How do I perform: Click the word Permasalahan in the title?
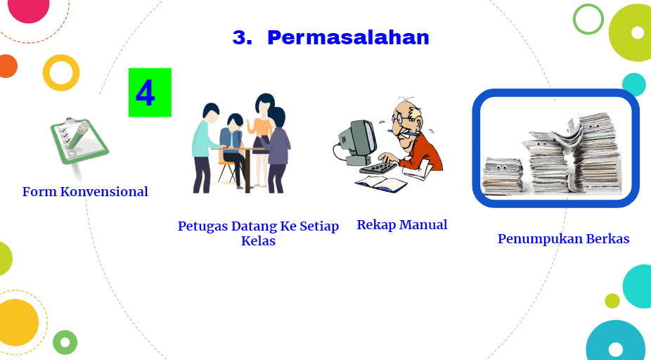pyautogui.click(x=348, y=38)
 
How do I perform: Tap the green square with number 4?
pyautogui.click(x=150, y=93)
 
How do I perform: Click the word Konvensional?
pyautogui.click(x=104, y=191)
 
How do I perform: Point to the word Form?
pyautogui.click(x=39, y=191)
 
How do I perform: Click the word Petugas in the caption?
pyautogui.click(x=202, y=226)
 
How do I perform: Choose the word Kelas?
pyautogui.click(x=258, y=241)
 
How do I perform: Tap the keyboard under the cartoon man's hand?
pyautogui.click(x=379, y=168)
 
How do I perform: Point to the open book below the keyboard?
pyautogui.click(x=381, y=184)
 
